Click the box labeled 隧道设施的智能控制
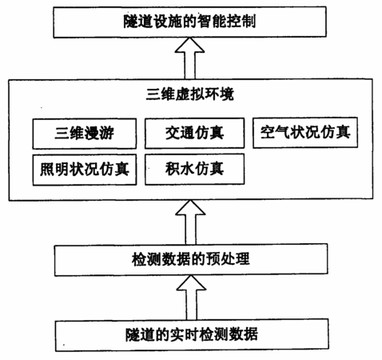[x=189, y=22]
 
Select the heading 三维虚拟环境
[x=190, y=94]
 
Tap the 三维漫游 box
[x=85, y=134]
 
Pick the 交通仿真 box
[x=194, y=133]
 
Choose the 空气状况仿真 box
[x=305, y=132]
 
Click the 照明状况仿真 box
[x=85, y=170]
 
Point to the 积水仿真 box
[x=194, y=169]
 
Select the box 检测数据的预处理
[x=191, y=259]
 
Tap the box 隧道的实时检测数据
[x=192, y=335]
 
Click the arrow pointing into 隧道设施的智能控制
[x=189, y=58]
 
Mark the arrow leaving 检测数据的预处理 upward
[x=190, y=222]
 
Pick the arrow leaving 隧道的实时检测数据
[x=191, y=298]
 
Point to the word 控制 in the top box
[x=241, y=22]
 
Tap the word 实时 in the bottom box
[x=184, y=334]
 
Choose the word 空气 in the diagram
[x=275, y=132]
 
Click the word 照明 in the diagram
[x=54, y=169]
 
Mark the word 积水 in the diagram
[x=180, y=169]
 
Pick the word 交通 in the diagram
[x=180, y=133]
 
